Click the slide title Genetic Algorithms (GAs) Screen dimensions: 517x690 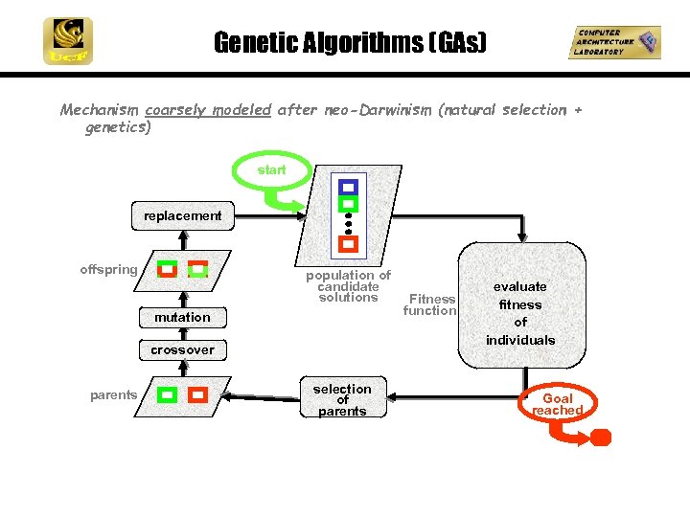click(350, 43)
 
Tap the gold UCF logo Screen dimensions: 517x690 click(67, 41)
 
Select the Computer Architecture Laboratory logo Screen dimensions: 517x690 click(613, 42)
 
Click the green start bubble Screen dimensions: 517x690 click(271, 169)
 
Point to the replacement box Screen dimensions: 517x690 click(182, 216)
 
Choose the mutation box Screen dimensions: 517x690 click(182, 317)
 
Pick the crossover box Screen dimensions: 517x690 click(182, 349)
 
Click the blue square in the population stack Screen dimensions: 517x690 click(349, 187)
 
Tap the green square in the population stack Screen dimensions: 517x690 click(349, 204)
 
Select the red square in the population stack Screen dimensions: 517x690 click(349, 244)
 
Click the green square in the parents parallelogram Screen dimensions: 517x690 click(168, 394)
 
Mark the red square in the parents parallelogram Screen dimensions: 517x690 click(197, 394)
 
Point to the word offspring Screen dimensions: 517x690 click(108, 269)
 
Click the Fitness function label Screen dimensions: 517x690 click(430, 304)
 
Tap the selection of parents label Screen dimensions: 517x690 click(342, 400)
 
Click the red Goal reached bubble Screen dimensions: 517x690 click(558, 404)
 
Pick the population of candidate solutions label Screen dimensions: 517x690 click(348, 286)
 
